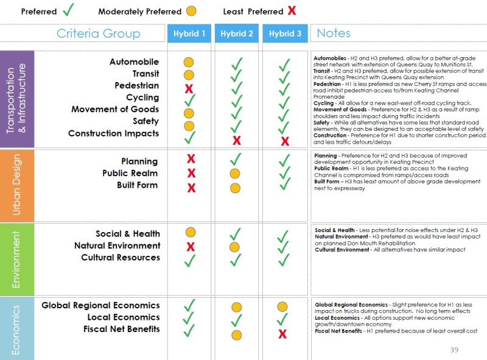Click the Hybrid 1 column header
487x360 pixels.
[189, 34]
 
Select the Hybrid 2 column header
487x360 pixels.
[237, 34]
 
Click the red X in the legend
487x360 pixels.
[292, 10]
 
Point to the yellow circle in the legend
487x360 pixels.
[191, 11]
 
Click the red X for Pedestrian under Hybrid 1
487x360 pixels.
[189, 88]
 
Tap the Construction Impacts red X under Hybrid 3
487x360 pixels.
[285, 141]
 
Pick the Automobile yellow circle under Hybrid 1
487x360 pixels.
[189, 62]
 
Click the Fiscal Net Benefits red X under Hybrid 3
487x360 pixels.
[282, 333]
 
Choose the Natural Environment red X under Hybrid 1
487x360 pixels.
[190, 247]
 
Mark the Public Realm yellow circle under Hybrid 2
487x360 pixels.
[234, 174]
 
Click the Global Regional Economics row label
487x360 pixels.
[100, 305]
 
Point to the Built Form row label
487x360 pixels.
[137, 185]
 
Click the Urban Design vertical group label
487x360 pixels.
[16, 185]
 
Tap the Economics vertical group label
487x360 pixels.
[16, 329]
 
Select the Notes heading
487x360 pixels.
[334, 33]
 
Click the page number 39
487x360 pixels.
[454, 350]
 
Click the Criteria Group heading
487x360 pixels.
[98, 34]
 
